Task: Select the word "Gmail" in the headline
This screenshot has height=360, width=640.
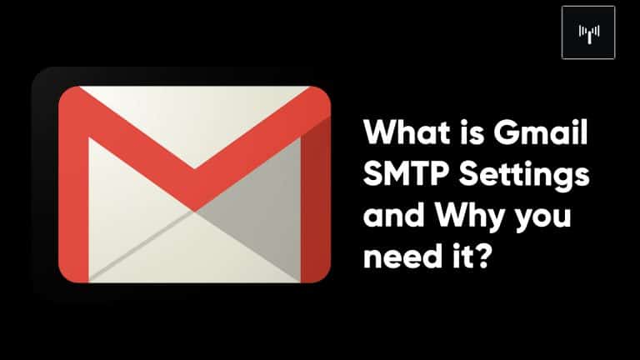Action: click(541, 132)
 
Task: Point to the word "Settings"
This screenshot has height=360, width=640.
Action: click(524, 176)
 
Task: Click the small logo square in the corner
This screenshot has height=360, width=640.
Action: click(588, 32)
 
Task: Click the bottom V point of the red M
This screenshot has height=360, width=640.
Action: click(194, 211)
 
